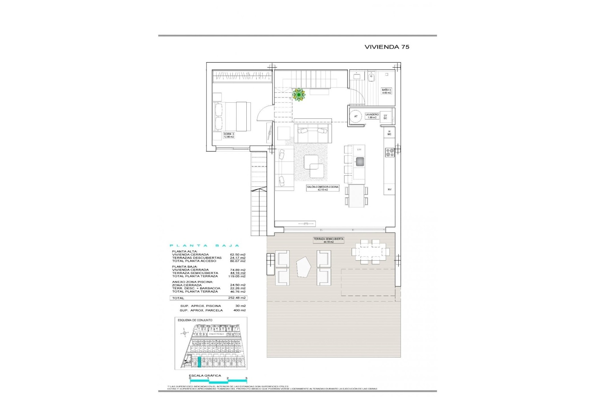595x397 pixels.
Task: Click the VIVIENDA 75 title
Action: coord(387,47)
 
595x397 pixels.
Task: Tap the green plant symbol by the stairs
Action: coord(299,95)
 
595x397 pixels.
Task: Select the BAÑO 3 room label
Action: coord(386,91)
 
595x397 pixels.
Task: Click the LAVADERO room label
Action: coord(372,116)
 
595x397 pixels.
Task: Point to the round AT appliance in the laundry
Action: coord(356,116)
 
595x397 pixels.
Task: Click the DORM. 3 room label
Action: coord(229,135)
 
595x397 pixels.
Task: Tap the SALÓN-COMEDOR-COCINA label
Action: coord(323,188)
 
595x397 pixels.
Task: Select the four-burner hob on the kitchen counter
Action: coord(390,152)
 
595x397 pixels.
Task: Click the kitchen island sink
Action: coord(359,162)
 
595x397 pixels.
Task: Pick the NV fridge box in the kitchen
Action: coord(390,189)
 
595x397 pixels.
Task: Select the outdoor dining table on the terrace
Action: coord(370,251)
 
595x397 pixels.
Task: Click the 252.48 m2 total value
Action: coord(238,298)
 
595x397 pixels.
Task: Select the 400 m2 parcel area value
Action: coord(240,310)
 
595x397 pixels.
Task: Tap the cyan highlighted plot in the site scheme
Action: coord(199,362)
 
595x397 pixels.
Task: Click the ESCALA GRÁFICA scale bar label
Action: coord(205,376)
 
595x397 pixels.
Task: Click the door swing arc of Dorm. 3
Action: coord(263,112)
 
